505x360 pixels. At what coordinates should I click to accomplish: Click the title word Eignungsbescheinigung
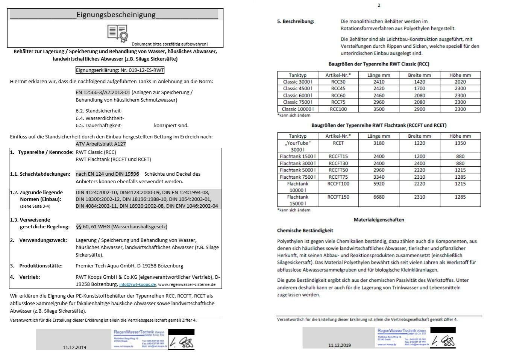click(116, 15)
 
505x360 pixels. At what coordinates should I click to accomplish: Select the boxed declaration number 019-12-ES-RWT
click(120, 70)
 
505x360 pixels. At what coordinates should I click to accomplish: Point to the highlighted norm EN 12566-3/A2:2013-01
click(103, 92)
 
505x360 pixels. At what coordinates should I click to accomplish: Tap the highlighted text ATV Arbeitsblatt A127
click(100, 144)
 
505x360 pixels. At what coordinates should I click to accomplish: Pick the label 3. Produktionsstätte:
click(36, 266)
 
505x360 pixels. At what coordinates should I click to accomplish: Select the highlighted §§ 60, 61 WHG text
click(121, 226)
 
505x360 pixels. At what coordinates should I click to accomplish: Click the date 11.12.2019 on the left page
click(74, 347)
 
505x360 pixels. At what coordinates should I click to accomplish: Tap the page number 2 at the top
click(379, 5)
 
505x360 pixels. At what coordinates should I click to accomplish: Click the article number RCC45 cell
click(338, 88)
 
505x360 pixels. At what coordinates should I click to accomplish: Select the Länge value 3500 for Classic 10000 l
click(379, 109)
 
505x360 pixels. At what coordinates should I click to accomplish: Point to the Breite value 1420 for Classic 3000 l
click(419, 82)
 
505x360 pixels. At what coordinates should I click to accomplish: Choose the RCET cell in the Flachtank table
click(338, 143)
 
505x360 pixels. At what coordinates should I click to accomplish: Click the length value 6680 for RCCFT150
click(379, 197)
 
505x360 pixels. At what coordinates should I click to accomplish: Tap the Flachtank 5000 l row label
click(297, 170)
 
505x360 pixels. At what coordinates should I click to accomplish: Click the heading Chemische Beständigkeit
click(305, 231)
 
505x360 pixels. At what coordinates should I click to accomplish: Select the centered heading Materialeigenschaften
click(379, 220)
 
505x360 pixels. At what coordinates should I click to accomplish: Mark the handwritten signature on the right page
click(443, 341)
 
